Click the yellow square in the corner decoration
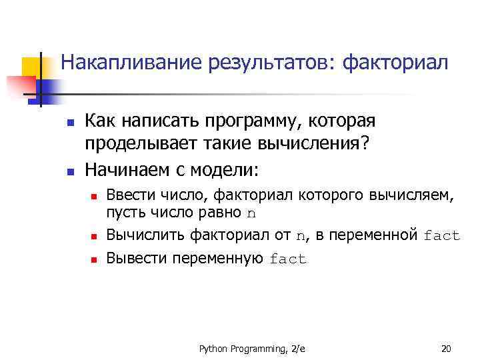pyautogui.click(x=33, y=69)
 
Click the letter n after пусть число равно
pyautogui.click(x=251, y=215)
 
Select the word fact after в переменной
pyautogui.click(x=441, y=236)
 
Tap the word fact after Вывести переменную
pyautogui.click(x=287, y=259)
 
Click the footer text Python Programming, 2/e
pyautogui.click(x=247, y=348)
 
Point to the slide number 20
pyautogui.click(x=446, y=348)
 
